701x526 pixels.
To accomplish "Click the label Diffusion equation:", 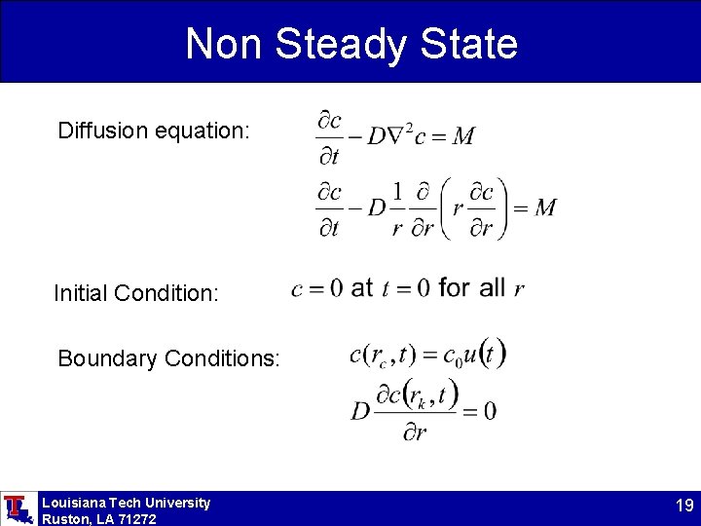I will coord(155,131).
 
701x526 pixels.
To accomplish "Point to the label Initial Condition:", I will coord(136,292).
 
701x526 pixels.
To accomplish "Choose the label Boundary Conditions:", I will coord(168,358).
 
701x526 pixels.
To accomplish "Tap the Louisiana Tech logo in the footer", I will coord(17,508).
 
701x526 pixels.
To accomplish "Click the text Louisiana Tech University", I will coord(126,503).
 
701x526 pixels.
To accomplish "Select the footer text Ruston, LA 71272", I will coord(98,519).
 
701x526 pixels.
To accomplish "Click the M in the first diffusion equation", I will coord(463,136).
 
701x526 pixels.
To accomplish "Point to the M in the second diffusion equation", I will coord(545,207).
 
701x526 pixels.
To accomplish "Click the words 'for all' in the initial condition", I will coord(472,287).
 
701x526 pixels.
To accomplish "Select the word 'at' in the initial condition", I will coord(361,287).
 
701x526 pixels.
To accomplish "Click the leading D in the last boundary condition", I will coord(360,410).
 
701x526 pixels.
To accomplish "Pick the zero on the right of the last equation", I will coord(489,410).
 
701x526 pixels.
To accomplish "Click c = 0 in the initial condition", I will coord(317,288).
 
